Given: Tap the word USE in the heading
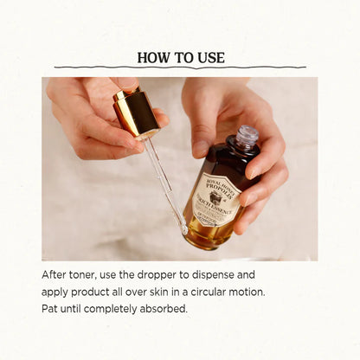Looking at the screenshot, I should (209, 58).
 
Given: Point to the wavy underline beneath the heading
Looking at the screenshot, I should (180, 67).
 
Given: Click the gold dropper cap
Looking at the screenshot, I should (136, 111).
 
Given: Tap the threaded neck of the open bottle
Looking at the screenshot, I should (246, 138).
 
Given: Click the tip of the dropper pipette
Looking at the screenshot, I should (183, 229).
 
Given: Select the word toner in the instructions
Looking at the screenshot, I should (91, 274).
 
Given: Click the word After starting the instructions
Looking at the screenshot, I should (56, 274).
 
